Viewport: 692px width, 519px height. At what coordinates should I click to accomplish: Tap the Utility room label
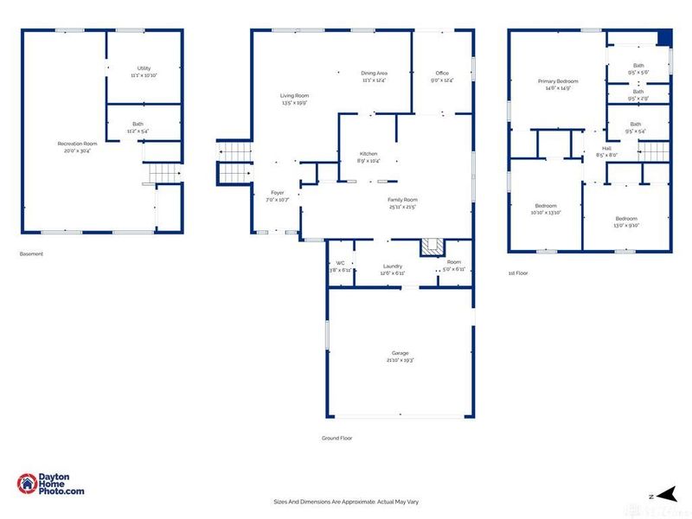[143, 68]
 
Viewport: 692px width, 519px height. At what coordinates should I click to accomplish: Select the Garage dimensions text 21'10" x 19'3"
[401, 360]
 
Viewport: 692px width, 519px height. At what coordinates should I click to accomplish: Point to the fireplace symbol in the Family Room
[432, 247]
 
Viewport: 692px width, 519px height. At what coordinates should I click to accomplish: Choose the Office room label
[442, 73]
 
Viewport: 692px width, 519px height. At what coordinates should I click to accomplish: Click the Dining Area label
[374, 73]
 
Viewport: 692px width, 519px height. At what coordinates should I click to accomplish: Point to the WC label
[340, 263]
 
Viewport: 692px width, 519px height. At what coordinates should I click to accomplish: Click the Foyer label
[277, 192]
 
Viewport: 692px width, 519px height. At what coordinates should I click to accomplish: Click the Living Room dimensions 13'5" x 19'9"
[294, 103]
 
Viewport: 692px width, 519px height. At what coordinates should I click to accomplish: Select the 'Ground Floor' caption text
[336, 439]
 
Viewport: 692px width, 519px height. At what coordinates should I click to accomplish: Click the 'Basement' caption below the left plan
[31, 253]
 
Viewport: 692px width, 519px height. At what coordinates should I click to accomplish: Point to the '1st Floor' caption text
[519, 273]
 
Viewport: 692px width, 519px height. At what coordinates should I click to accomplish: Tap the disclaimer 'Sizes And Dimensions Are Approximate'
[346, 502]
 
